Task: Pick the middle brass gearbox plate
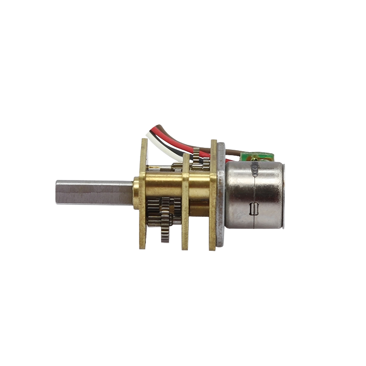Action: click(185, 205)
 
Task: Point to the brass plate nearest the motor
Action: click(213, 195)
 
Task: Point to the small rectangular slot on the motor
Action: click(253, 209)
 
